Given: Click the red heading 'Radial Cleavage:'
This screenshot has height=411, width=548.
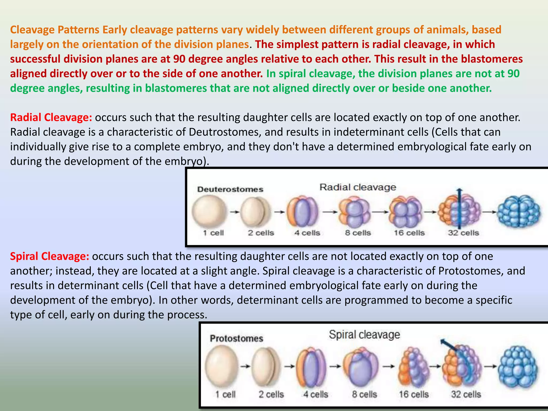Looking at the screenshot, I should (x=51, y=117).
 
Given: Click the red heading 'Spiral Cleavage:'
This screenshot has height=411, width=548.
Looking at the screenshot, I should (x=50, y=256).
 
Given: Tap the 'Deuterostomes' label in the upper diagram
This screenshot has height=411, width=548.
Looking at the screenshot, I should (x=230, y=189).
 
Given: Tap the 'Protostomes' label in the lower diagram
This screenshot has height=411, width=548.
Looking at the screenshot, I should (x=237, y=338).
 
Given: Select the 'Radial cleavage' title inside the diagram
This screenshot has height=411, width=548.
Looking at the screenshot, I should (x=358, y=187).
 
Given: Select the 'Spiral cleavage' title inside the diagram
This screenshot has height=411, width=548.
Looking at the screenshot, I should (x=364, y=334).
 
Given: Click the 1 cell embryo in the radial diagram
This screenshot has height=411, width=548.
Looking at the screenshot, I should (x=209, y=211).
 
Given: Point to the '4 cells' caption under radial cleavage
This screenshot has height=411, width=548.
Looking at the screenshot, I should (x=307, y=233).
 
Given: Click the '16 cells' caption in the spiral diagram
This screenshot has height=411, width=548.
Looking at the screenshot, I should (x=414, y=394).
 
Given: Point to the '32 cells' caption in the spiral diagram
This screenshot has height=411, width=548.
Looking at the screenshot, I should (x=466, y=394).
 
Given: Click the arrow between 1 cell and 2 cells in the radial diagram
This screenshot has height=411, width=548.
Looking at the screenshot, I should (x=235, y=212).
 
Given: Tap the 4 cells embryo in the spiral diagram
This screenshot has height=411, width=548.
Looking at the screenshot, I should (x=311, y=366).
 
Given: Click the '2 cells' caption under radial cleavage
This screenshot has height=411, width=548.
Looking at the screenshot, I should (x=261, y=233).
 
